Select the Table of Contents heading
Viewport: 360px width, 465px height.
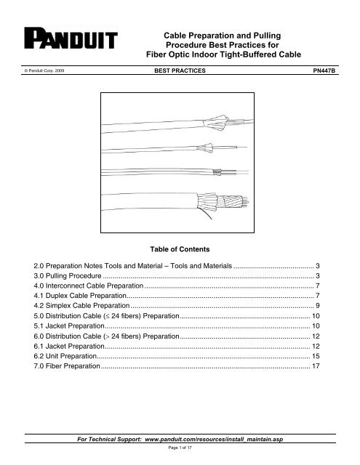(x=180, y=248)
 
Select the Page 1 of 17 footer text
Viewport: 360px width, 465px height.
(x=180, y=449)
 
